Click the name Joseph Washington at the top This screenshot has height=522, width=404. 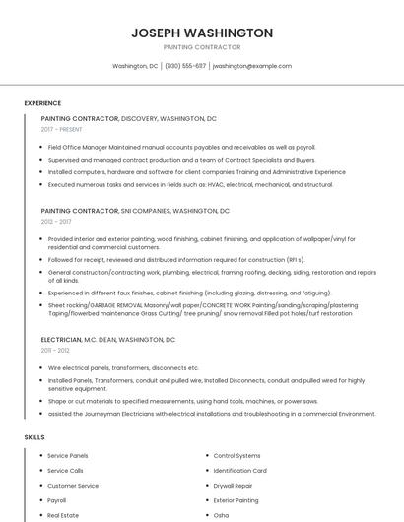click(202, 33)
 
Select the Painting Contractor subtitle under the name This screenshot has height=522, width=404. click(202, 47)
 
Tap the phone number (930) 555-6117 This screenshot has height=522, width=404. click(185, 66)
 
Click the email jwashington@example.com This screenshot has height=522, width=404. click(252, 66)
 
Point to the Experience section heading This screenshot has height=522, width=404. click(42, 103)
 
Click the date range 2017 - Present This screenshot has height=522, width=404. click(61, 129)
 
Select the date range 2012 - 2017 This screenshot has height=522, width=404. click(56, 222)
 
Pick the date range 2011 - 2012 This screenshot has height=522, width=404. click(55, 350)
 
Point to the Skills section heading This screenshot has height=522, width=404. click(34, 436)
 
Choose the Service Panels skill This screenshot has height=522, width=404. click(68, 456)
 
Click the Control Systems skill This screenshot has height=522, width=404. click(236, 456)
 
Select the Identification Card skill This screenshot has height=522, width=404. click(239, 471)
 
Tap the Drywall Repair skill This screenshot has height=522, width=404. click(233, 486)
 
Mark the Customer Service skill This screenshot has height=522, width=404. click(73, 486)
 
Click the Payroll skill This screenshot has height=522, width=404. click(57, 500)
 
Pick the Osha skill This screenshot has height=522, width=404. click(221, 515)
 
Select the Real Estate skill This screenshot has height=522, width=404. click(63, 515)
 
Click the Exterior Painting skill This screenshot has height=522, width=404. click(236, 500)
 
